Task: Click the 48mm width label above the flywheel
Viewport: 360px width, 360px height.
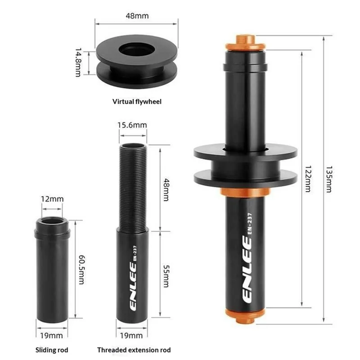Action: tap(136, 16)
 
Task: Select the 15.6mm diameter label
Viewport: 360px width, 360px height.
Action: tap(132, 126)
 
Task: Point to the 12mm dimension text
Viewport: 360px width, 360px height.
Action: tap(51, 198)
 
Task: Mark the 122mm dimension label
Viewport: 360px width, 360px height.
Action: tap(308, 177)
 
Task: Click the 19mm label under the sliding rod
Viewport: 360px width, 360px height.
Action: tap(52, 335)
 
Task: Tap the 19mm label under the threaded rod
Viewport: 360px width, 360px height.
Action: tap(132, 335)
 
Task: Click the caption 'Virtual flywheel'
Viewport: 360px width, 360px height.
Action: tap(136, 102)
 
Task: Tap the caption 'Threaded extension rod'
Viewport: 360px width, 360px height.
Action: tap(134, 349)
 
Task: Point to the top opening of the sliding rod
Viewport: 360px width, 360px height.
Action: tap(52, 222)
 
